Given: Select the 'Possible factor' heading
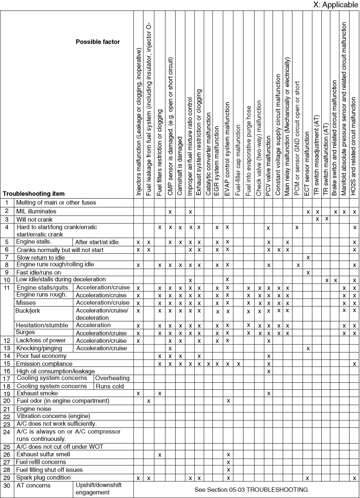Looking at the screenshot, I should coord(98,42).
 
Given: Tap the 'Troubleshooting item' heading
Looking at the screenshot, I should coord(34,194).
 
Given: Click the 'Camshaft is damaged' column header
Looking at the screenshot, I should coord(180,166).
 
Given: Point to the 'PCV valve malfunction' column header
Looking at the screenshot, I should coord(268,166).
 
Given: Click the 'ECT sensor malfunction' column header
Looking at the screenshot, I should coord(307,163).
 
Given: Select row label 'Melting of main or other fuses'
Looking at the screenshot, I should coord(56,203).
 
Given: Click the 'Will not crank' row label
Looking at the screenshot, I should coord(34,219).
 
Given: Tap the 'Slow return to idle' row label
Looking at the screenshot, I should coord(41,258).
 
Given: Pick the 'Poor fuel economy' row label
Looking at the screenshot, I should coord(41,356).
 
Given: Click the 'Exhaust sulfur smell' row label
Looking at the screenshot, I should coord(43,454).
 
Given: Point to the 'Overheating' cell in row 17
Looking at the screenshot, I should coord(112,378).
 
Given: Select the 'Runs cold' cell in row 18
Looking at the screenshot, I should coord(110,386).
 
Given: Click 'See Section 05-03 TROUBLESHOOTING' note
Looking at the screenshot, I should coord(251,490).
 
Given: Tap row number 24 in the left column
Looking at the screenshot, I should coord(7,432).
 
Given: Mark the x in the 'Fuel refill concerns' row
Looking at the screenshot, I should coord(228,462).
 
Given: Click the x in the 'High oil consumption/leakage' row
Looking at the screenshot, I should coord(268,371).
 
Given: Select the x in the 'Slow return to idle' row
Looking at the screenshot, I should coord(308,258).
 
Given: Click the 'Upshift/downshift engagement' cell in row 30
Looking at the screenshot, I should coord(98,489).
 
